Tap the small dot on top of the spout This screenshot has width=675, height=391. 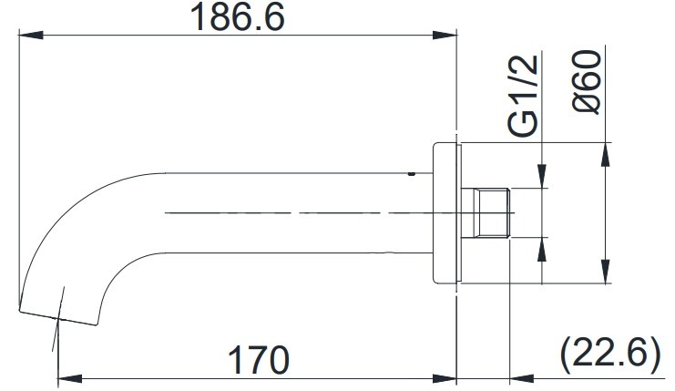pyautogui.click(x=413, y=171)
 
